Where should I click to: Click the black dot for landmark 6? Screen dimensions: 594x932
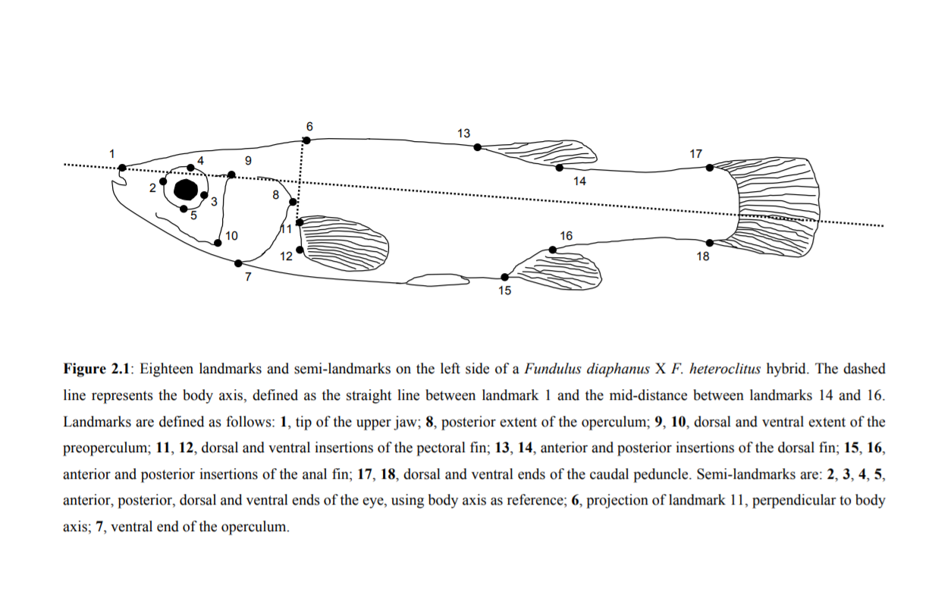pos(306,140)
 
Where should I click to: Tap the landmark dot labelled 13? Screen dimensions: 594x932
pos(477,147)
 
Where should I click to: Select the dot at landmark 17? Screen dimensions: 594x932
pos(709,168)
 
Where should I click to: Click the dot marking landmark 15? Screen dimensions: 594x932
pos(505,277)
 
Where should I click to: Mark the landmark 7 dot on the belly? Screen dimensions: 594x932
pos(238,263)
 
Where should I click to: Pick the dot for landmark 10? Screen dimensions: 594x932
pos(218,243)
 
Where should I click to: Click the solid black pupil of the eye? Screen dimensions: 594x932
pos(186,189)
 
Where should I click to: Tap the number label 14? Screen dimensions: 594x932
pos(580,181)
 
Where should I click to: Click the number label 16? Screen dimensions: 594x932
pos(566,236)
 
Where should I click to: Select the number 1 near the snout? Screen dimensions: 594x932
pos(111,153)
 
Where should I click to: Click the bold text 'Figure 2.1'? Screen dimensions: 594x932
pos(98,369)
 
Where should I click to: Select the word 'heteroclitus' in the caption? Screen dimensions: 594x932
pos(722,369)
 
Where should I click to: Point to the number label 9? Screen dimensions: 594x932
pos(249,160)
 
